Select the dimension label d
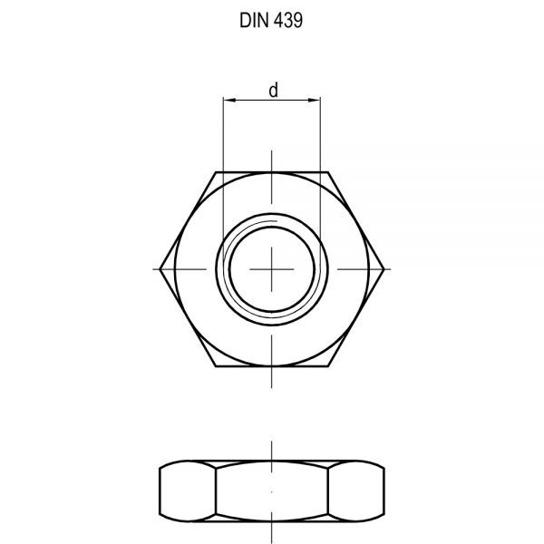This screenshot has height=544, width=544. click(273, 89)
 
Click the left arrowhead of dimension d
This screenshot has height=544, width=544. click(228, 101)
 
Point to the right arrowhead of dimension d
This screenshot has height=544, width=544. click(317, 101)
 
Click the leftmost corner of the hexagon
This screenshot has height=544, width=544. click(159, 268)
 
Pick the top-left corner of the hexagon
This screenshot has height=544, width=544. click(216, 170)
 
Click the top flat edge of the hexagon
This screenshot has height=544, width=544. click(273, 170)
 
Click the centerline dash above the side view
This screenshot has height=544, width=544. click(273, 451)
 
